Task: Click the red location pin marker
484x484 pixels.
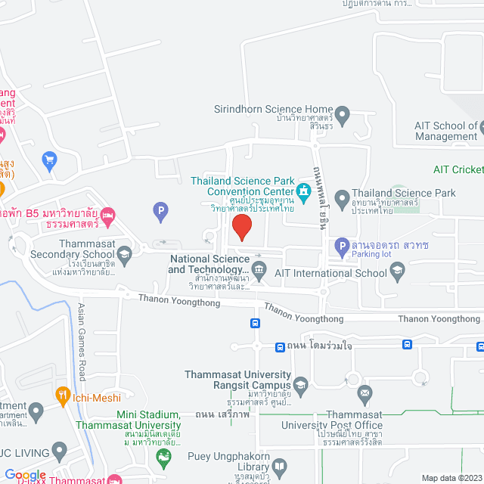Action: [241, 227]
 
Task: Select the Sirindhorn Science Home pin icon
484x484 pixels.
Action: [342, 116]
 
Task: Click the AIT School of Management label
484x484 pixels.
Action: [445, 132]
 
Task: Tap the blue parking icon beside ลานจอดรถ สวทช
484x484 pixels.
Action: [342, 245]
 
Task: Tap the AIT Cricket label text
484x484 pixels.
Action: [458, 170]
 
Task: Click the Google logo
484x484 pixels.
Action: [25, 474]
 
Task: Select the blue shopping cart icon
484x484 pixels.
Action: [50, 160]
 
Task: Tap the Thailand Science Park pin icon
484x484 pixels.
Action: [342, 200]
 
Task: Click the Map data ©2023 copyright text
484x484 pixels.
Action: [451, 478]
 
